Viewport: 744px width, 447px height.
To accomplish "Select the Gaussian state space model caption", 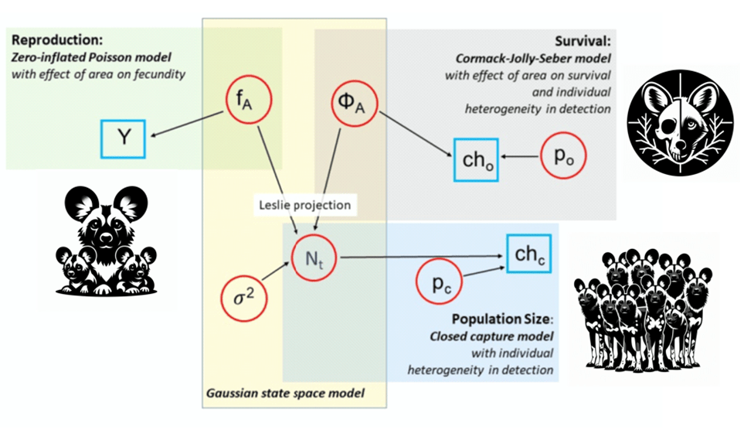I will pos(284,393).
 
